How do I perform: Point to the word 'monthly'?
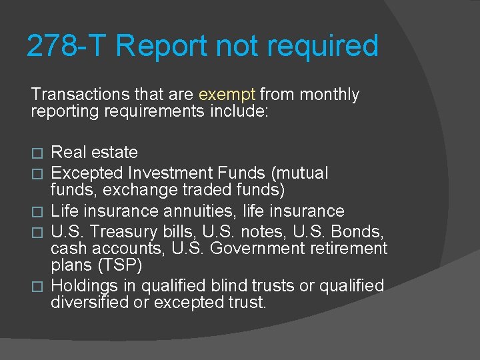(329, 95)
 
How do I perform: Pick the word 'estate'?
(115, 153)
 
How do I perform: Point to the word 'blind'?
(245, 286)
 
